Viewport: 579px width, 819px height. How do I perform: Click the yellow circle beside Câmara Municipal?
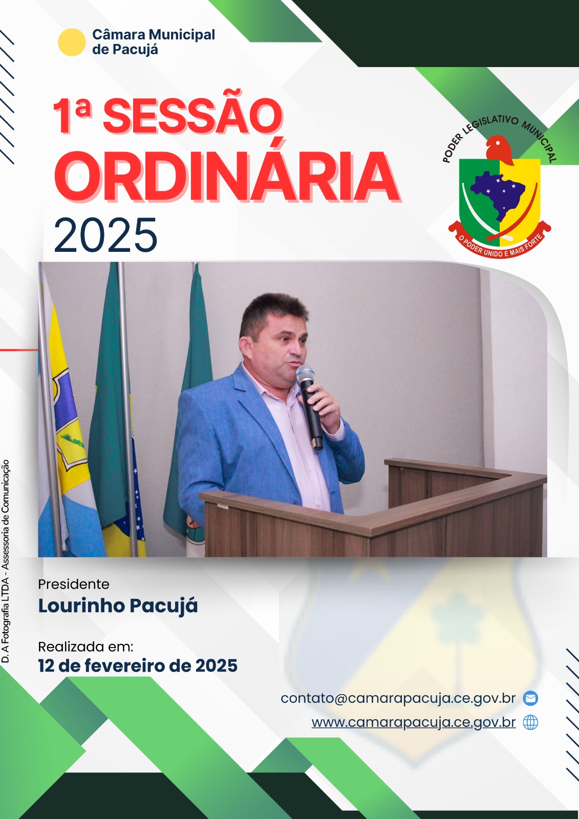72,42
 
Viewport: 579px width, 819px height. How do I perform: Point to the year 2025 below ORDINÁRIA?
105,235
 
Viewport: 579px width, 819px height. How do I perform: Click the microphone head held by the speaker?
305,374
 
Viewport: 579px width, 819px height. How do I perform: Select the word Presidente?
74,584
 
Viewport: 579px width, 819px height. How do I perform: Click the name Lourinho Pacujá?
118,606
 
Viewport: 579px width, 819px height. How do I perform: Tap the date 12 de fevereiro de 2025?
138,665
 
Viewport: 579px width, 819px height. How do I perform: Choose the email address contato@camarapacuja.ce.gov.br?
398,698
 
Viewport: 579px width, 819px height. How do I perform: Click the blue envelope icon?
530,698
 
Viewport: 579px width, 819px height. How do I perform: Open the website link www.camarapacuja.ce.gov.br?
414,722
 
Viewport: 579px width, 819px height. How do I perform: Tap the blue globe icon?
530,722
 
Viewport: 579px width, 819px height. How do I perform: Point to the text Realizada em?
85,647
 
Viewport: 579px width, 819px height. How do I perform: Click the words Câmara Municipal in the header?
154,35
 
